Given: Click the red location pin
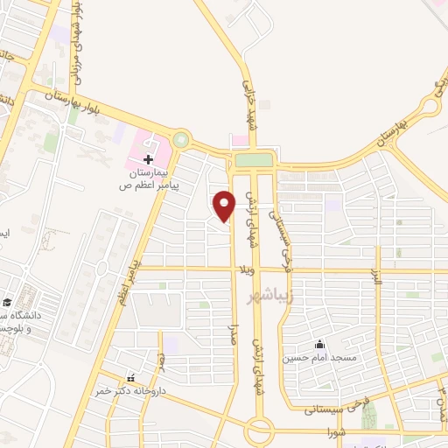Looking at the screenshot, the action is click(225, 205).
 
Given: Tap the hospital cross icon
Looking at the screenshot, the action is click(149, 160).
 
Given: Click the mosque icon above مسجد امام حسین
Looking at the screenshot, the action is click(318, 344).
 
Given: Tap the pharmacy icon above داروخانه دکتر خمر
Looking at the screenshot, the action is click(131, 378).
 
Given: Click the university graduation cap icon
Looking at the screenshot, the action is click(5, 300).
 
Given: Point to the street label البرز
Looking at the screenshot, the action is click(378, 259).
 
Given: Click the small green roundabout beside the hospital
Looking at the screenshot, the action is click(181, 138).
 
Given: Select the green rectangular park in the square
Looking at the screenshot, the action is click(254, 159).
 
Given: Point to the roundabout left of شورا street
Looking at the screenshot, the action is click(259, 431).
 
